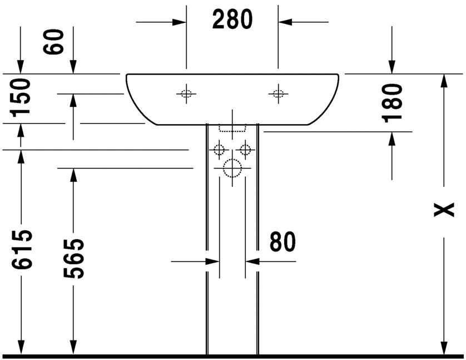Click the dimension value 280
pos(232,20)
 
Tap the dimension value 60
pos(54,42)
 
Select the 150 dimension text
pos(21,96)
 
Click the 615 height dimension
pos(21,250)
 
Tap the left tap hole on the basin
pos(186,93)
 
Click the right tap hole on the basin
pos(278,93)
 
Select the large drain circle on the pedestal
pos(232,167)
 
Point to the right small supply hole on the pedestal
pos(245,149)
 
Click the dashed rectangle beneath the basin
pos(232,128)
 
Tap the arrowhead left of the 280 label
pos(179,22)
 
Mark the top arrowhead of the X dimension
pos(443,81)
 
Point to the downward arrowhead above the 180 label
pos(393,67)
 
